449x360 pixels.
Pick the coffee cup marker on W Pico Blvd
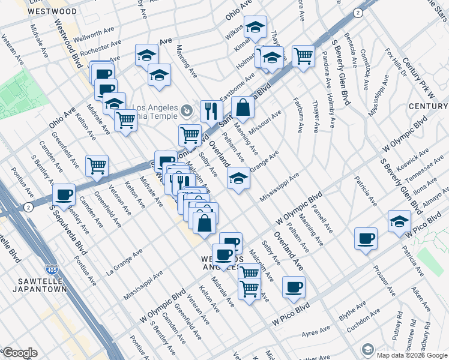(x=294, y=287)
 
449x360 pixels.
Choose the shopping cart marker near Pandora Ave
(x=303, y=56)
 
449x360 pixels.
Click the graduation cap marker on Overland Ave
(x=238, y=178)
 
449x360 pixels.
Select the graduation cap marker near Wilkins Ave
(x=255, y=26)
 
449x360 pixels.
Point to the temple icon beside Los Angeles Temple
(x=187, y=110)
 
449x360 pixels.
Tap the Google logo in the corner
(x=20, y=353)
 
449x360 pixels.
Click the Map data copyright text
(x=412, y=355)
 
